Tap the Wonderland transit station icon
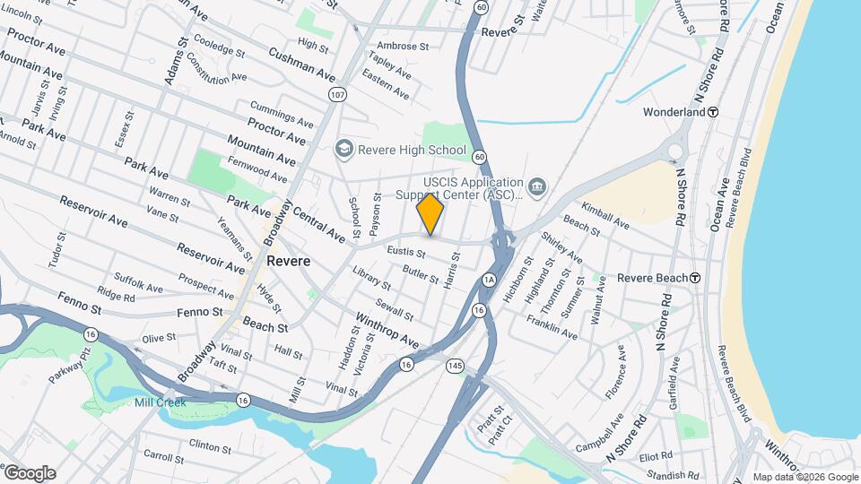tap(713, 113)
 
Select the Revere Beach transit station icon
tap(695, 278)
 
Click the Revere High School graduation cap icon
tap(343, 150)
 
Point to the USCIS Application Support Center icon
tap(537, 186)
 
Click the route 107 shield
tap(337, 94)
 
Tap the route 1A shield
tap(488, 279)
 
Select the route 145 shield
tap(455, 366)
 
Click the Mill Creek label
tap(161, 402)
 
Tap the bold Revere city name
tap(288, 262)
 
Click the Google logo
tap(30, 473)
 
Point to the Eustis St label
tap(405, 254)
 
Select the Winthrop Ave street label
tap(387, 330)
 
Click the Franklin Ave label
tap(552, 325)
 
